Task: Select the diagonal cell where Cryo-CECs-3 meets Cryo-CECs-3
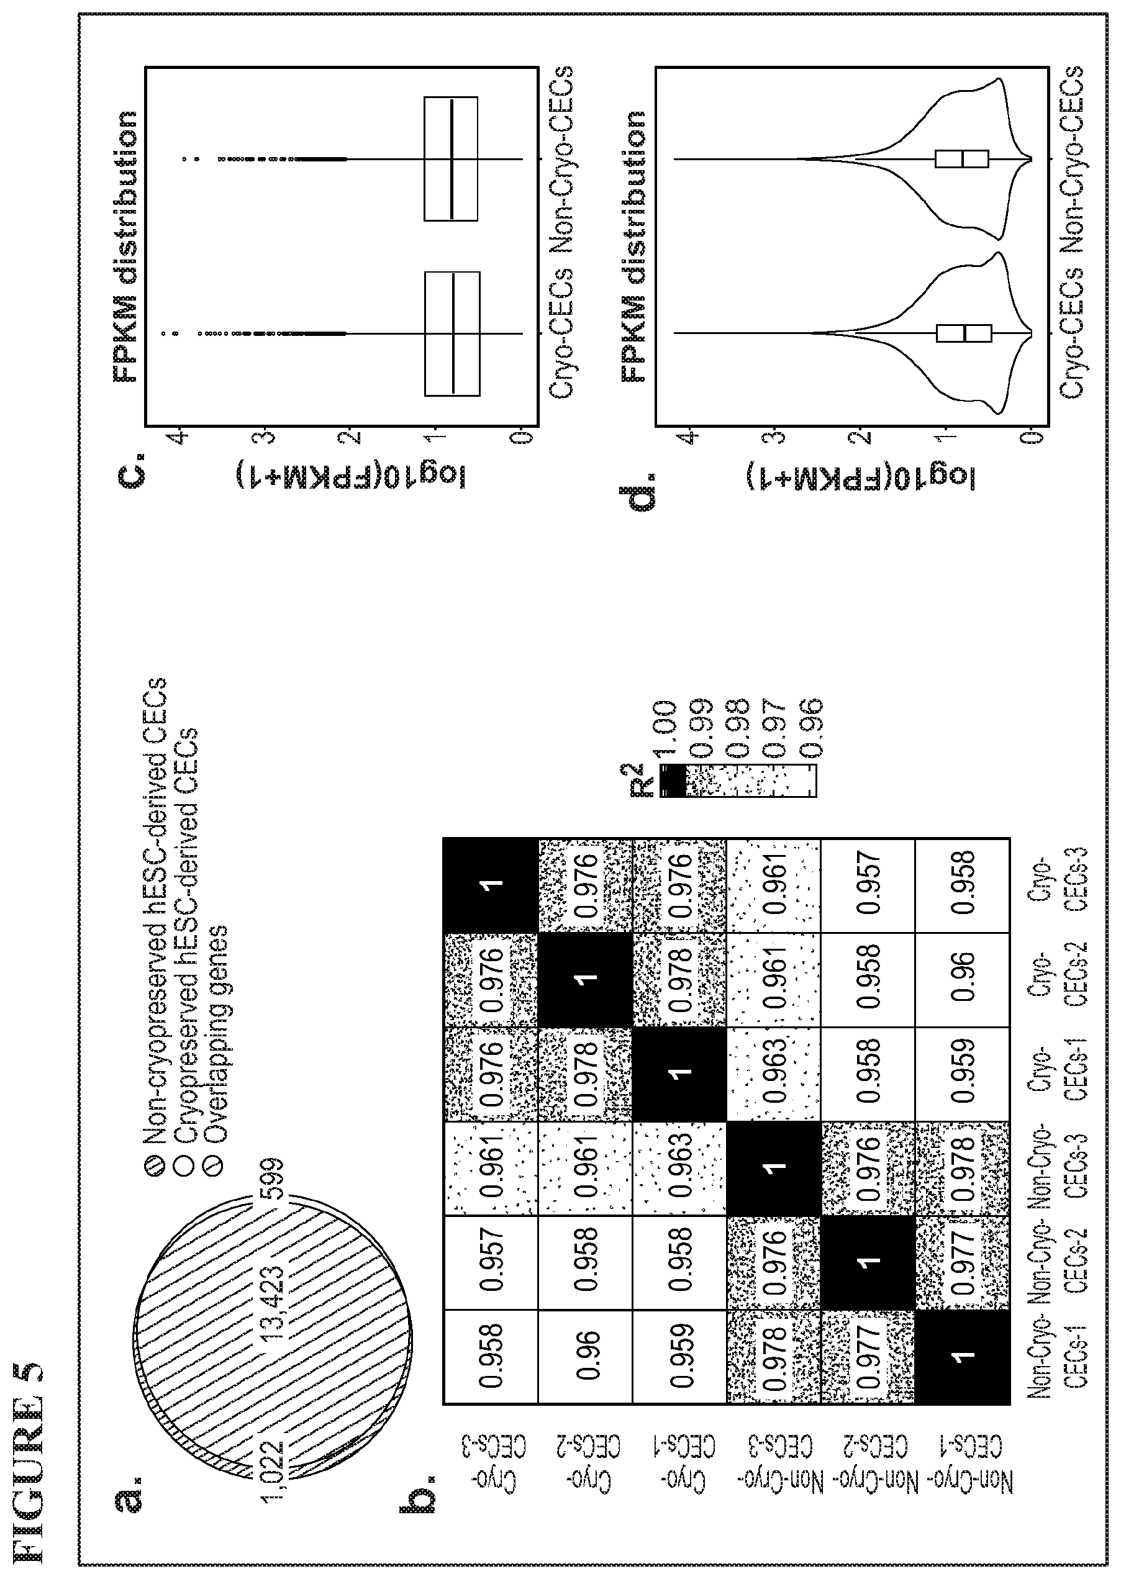(x=490, y=885)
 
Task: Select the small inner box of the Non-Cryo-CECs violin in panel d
(x=961, y=159)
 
